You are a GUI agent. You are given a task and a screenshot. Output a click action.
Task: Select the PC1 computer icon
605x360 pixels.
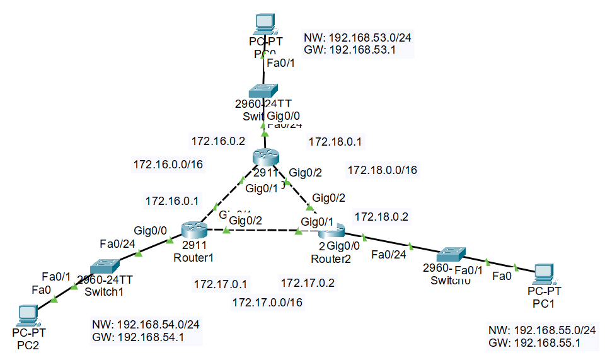pyautogui.click(x=544, y=274)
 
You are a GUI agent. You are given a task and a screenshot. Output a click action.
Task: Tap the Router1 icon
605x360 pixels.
pyautogui.click(x=190, y=230)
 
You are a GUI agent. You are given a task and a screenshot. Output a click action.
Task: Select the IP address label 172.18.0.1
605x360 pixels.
pyautogui.click(x=333, y=142)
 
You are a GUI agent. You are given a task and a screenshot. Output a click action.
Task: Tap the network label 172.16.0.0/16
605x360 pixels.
pyautogui.click(x=168, y=165)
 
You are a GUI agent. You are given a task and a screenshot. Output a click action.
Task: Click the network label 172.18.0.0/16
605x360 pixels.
pyautogui.click(x=383, y=170)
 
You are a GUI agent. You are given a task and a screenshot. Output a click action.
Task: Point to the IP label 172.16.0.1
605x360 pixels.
pyautogui.click(x=172, y=202)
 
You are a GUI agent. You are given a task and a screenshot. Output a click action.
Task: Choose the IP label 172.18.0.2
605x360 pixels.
pyautogui.click(x=381, y=217)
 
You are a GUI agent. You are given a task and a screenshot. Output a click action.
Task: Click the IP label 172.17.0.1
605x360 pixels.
pyautogui.click(x=221, y=283)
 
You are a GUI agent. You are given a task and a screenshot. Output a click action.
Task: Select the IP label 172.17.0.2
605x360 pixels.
pyautogui.click(x=308, y=283)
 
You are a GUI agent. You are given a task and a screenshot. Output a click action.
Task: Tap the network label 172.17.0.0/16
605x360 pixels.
pyautogui.click(x=267, y=303)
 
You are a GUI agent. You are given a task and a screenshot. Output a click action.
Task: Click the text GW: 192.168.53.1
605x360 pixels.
pyautogui.click(x=349, y=50)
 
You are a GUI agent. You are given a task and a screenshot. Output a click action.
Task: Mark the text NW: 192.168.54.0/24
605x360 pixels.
pyautogui.click(x=146, y=325)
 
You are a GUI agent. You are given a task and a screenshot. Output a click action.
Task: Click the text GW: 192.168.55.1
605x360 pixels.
pyautogui.click(x=534, y=343)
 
